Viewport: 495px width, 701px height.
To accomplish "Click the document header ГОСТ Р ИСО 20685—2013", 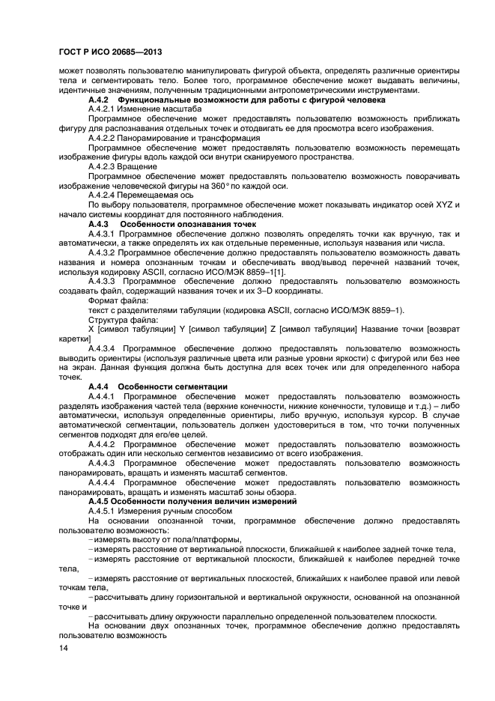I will [x=109, y=49].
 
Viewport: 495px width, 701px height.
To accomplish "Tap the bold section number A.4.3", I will [x=100, y=224].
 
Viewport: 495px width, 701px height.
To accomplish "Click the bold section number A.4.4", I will [x=100, y=386].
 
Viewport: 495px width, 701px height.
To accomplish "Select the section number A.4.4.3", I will [x=103, y=464].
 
